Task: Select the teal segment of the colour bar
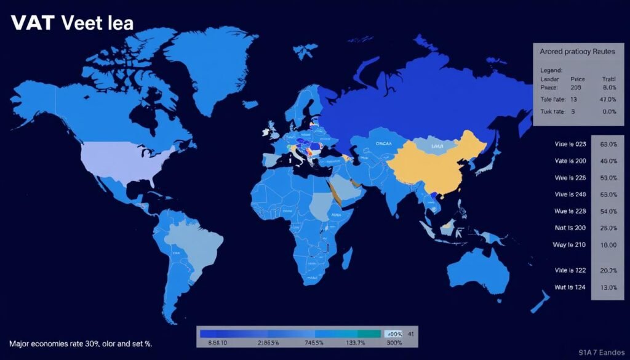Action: point(357,333)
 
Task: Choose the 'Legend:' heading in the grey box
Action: point(551,70)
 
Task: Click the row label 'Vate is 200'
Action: point(570,161)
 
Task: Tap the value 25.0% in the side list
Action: point(608,228)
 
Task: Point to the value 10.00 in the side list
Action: point(608,244)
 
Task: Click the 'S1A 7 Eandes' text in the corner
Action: point(601,353)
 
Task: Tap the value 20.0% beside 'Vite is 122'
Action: point(608,270)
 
